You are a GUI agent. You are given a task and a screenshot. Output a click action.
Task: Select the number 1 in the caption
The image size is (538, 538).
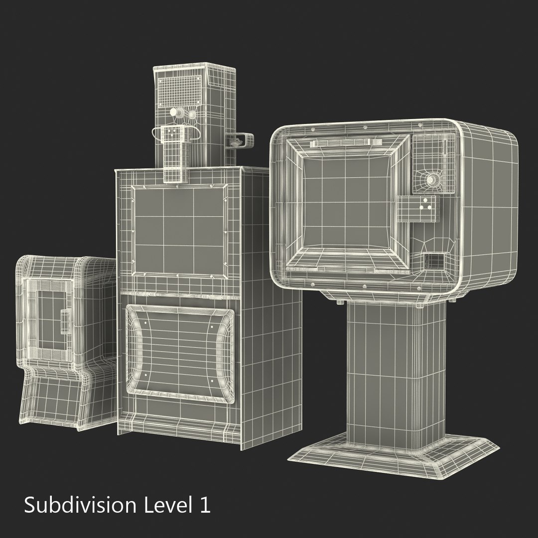pyautogui.click(x=204, y=505)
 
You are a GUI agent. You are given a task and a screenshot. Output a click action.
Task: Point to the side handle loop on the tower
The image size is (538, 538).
pyautogui.click(x=239, y=140)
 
